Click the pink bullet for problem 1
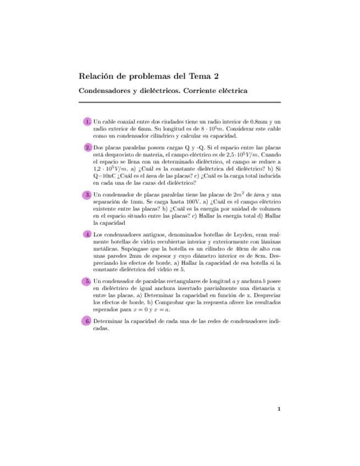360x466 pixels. (x=87, y=121)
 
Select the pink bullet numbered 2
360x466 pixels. (x=87, y=148)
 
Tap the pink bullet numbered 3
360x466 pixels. (x=87, y=195)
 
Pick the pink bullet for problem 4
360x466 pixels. (x=87, y=235)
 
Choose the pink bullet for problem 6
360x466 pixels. (x=87, y=320)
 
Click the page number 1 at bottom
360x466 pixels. (x=279, y=409)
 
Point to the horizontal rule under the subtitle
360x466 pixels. (x=180, y=102)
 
